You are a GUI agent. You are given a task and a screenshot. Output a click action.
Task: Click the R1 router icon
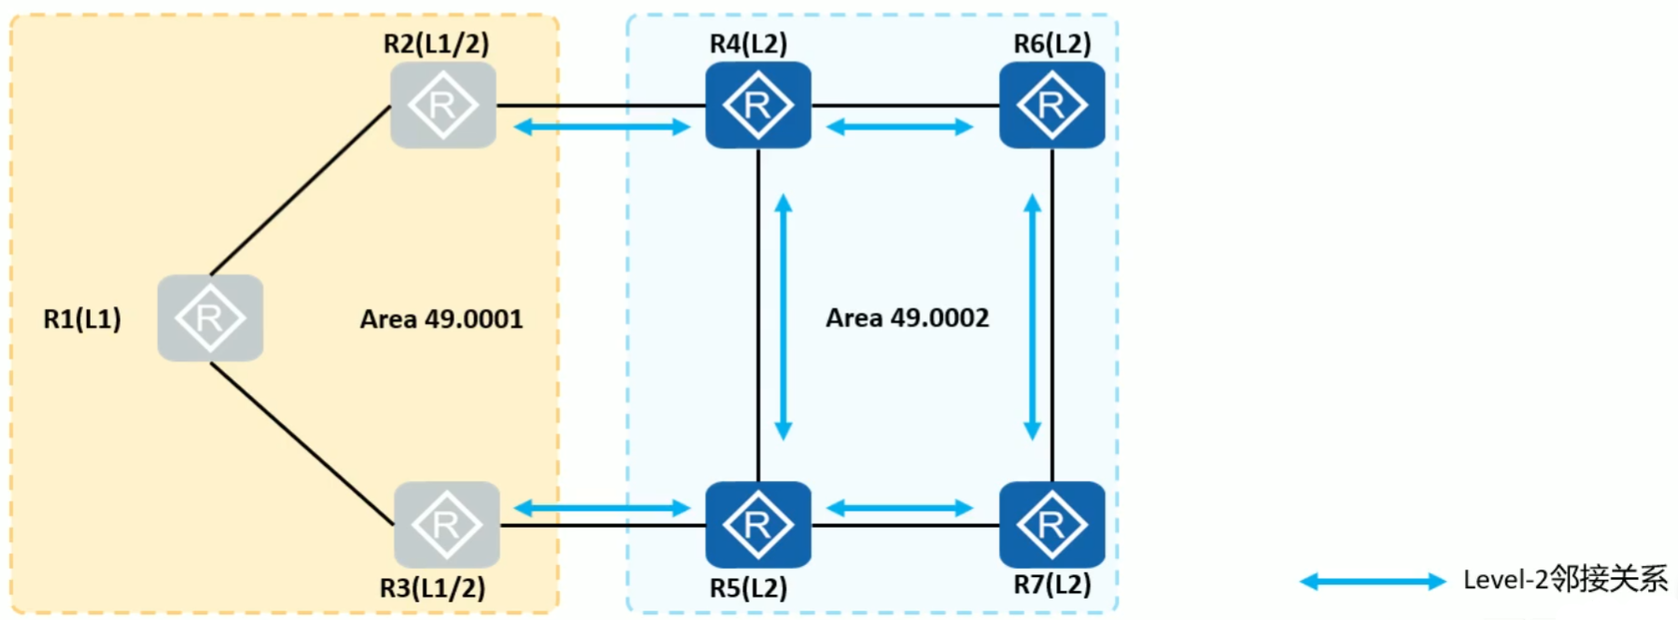point(210,318)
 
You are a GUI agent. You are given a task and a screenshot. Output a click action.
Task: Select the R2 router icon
point(443,106)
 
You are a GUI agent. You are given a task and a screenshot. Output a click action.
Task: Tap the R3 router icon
point(446,525)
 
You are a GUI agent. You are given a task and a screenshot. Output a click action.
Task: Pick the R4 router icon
point(757,106)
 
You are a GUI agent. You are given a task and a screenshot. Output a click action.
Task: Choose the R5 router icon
point(757,525)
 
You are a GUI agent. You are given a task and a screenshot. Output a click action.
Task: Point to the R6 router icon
point(1051,106)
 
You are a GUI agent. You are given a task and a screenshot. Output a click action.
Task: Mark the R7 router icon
point(1051,525)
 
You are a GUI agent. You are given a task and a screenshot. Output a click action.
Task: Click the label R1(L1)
point(82,319)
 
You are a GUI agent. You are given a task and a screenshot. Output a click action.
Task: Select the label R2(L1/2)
point(436,43)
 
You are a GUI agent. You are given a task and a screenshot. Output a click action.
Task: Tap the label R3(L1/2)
point(432,588)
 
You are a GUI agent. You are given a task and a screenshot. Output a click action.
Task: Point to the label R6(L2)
point(1052,43)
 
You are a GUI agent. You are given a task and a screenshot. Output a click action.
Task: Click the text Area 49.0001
point(442,319)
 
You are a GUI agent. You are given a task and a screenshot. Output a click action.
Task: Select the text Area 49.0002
point(907,318)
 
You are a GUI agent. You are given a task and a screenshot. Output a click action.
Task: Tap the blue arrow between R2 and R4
point(602,127)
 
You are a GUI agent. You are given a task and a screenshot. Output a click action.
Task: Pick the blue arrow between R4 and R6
point(900,127)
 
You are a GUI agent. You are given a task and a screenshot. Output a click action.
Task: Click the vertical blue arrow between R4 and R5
point(783,317)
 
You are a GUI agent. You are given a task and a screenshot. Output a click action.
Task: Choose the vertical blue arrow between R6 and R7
point(1032,317)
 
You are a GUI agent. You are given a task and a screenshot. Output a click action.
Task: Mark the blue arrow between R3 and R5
point(602,508)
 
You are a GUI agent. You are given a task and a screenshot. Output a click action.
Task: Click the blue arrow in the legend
point(1373,582)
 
